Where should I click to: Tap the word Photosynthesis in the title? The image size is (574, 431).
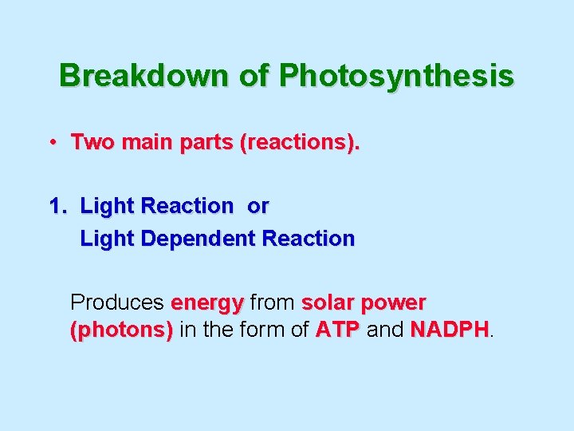pos(396,76)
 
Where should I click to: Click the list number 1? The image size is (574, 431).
pos(57,206)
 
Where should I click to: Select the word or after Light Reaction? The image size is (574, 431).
pos(258,206)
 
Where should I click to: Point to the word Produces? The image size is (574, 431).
pos(117,303)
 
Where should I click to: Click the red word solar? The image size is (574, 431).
pos(327,303)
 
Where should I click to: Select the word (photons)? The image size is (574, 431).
pos(122,330)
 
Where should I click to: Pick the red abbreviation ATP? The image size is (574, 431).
pos(338,330)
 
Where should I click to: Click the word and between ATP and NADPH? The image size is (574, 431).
pos(385,330)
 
